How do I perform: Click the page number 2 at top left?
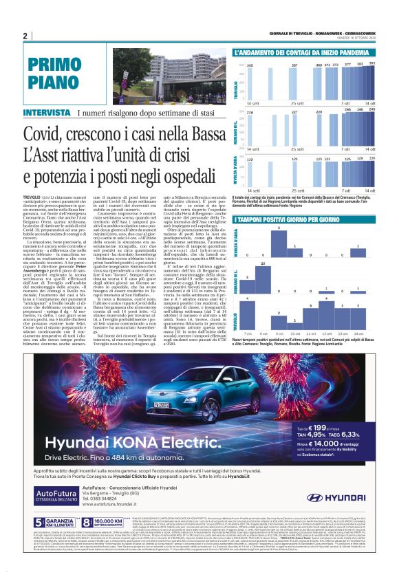click(x=25, y=36)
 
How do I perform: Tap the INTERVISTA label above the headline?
click(x=46, y=112)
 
